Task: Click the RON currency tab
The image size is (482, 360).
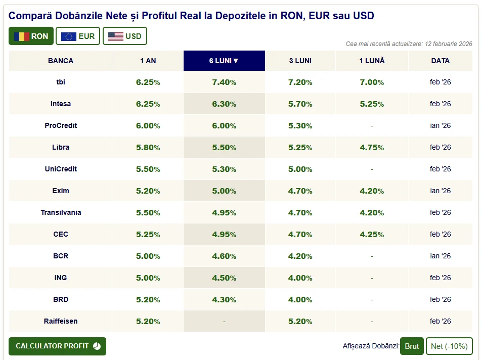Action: tap(31, 36)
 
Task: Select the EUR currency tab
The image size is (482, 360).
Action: tap(77, 36)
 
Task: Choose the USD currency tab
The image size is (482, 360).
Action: tap(124, 36)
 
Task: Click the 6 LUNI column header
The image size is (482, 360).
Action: tap(224, 61)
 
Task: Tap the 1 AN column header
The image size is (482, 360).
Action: tap(148, 61)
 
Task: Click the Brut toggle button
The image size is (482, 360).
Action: tap(412, 346)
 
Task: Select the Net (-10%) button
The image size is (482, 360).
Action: tap(449, 346)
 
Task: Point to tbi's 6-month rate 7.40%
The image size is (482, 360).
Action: tap(224, 82)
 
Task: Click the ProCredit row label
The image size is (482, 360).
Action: tap(61, 125)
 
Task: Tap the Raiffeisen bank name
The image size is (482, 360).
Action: tap(61, 321)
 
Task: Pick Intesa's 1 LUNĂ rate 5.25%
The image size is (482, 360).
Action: tap(372, 104)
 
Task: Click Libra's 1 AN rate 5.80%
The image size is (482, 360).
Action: tap(148, 148)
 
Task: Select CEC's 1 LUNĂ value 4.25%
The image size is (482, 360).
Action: tap(372, 235)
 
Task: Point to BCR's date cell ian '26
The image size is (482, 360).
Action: tap(440, 256)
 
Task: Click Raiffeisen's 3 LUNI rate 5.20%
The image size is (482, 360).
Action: tap(300, 321)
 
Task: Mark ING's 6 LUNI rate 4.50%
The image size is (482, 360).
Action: tap(224, 278)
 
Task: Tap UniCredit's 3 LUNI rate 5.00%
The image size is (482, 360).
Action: tap(300, 169)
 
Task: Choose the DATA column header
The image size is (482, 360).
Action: tap(440, 61)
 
